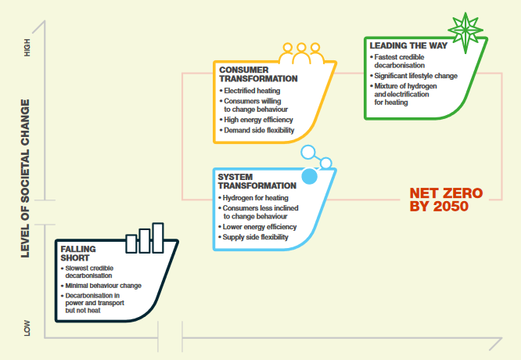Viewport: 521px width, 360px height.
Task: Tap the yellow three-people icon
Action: coord(301,53)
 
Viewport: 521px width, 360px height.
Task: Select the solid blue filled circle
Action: coord(310,177)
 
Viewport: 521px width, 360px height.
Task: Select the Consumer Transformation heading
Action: coord(258,74)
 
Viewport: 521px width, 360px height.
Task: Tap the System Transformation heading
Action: coord(257,182)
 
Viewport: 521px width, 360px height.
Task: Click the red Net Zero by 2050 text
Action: coord(446,200)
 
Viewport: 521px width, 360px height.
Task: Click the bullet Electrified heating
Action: coord(253,91)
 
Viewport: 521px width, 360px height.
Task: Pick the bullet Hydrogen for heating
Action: coord(256,197)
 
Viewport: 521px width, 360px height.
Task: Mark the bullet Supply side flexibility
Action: coord(256,237)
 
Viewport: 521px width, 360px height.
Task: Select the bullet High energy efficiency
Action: coord(257,120)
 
